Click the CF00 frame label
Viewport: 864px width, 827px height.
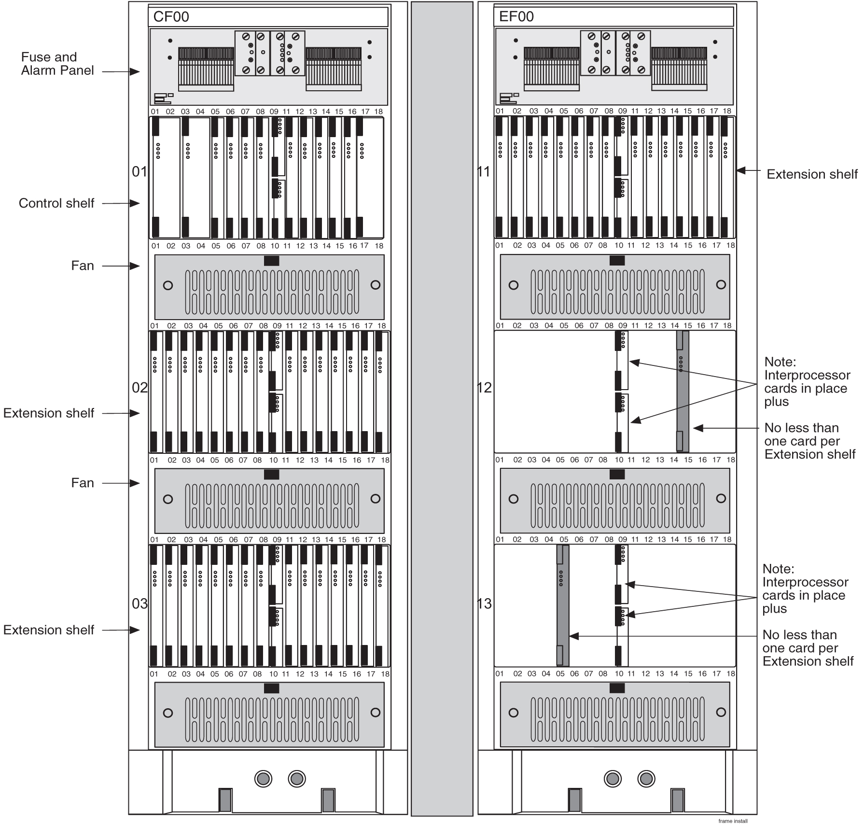pyautogui.click(x=171, y=17)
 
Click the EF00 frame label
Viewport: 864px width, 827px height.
pyautogui.click(x=516, y=17)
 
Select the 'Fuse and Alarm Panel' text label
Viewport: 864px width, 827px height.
pyautogui.click(x=57, y=64)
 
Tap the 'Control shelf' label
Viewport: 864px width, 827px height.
pyautogui.click(x=56, y=203)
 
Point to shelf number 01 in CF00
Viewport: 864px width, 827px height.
pyautogui.click(x=139, y=171)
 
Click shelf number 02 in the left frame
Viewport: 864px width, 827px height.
pyautogui.click(x=139, y=388)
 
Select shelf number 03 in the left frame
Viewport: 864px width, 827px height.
pyautogui.click(x=139, y=603)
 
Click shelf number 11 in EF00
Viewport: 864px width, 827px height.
pyautogui.click(x=484, y=171)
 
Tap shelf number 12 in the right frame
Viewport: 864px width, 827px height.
pyautogui.click(x=484, y=388)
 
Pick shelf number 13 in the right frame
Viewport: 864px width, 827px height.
pyautogui.click(x=484, y=603)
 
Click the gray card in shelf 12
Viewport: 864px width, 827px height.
pyautogui.click(x=683, y=391)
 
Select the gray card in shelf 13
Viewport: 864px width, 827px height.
pyautogui.click(x=563, y=605)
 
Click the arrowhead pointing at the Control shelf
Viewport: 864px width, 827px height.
pyautogui.click(x=135, y=203)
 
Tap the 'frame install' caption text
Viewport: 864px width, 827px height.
pyautogui.click(x=733, y=821)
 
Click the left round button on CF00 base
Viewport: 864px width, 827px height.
pyautogui.click(x=263, y=778)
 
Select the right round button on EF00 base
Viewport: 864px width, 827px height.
pyautogui.click(x=646, y=778)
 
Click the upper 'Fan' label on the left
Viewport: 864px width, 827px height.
pyautogui.click(x=82, y=266)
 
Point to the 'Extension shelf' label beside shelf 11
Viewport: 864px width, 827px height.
pyautogui.click(x=812, y=174)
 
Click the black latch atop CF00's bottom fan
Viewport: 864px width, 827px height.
pyautogui.click(x=271, y=688)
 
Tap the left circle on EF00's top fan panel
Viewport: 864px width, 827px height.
pyautogui.click(x=514, y=285)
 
